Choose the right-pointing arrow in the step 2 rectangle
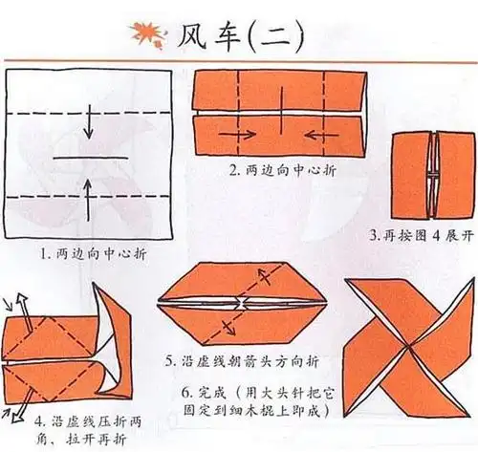pyautogui.click(x=230, y=136)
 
